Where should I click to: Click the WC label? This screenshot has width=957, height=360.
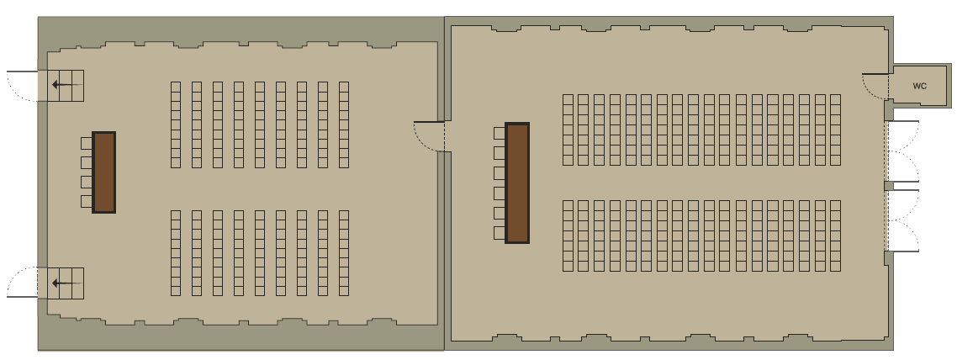(x=919, y=86)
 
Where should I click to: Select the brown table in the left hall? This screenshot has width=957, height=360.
(x=103, y=172)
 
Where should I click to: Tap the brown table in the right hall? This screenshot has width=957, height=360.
(x=517, y=183)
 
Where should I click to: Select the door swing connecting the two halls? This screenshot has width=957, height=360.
(x=428, y=136)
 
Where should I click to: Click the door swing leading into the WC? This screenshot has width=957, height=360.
(x=875, y=86)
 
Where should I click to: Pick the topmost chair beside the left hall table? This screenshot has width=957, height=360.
(x=86, y=143)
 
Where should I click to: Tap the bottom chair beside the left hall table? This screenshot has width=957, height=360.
(x=86, y=201)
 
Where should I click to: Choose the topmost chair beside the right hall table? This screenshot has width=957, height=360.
(x=500, y=133)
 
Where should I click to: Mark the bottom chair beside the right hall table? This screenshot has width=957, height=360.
(x=500, y=233)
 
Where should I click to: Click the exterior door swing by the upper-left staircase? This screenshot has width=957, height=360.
(x=23, y=86)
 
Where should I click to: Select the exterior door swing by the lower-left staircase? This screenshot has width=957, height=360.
(x=23, y=282)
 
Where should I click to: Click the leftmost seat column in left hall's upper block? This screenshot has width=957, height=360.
(x=176, y=124)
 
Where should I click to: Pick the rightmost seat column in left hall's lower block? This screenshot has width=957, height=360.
(x=344, y=253)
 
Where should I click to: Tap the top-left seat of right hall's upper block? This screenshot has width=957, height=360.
(x=568, y=99)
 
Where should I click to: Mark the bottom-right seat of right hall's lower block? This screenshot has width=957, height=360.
(x=836, y=266)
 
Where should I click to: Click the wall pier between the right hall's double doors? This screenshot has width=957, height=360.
(x=889, y=186)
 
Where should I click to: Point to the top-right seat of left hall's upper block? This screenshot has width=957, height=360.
(x=344, y=86)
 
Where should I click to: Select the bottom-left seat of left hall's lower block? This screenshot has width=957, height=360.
(x=176, y=291)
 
